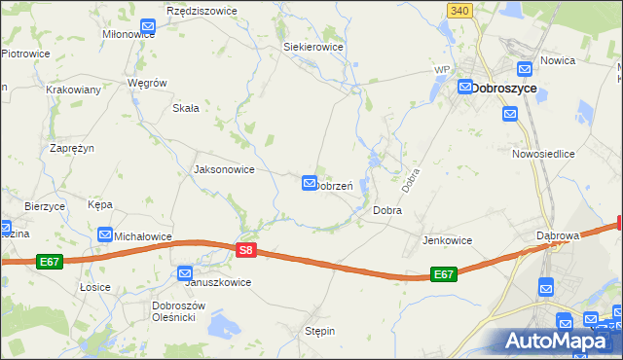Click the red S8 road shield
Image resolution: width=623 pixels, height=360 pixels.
(x=246, y=251)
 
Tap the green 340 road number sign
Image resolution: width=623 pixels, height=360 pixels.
(x=461, y=10)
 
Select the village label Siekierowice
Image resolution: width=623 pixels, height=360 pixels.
(x=312, y=46)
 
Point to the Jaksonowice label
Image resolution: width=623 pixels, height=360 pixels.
(x=225, y=169)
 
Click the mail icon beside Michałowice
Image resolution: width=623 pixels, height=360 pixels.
(x=105, y=234)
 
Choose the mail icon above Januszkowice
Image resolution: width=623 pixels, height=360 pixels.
(x=185, y=274)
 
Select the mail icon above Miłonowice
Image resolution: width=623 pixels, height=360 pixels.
(x=148, y=27)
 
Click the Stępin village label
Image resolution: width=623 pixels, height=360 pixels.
(x=320, y=331)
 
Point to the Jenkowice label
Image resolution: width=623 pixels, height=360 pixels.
(x=447, y=240)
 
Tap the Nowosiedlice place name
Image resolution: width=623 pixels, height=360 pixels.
(x=543, y=154)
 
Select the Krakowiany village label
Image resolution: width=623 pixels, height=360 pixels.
(x=74, y=90)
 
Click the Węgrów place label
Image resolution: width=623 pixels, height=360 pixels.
(x=148, y=83)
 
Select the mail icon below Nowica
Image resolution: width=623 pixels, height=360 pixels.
(x=510, y=114)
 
